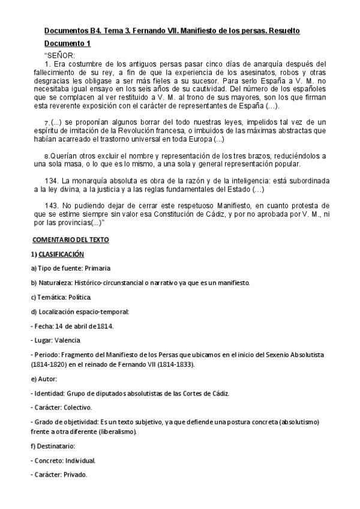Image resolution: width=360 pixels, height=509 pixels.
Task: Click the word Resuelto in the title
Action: pyautogui.click(x=282, y=31)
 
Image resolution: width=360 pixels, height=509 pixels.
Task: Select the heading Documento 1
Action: pyautogui.click(x=67, y=43)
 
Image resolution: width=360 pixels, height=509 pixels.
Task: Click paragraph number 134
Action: pyautogui.click(x=53, y=181)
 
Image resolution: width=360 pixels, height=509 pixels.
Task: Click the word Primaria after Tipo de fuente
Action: pyautogui.click(x=97, y=268)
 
